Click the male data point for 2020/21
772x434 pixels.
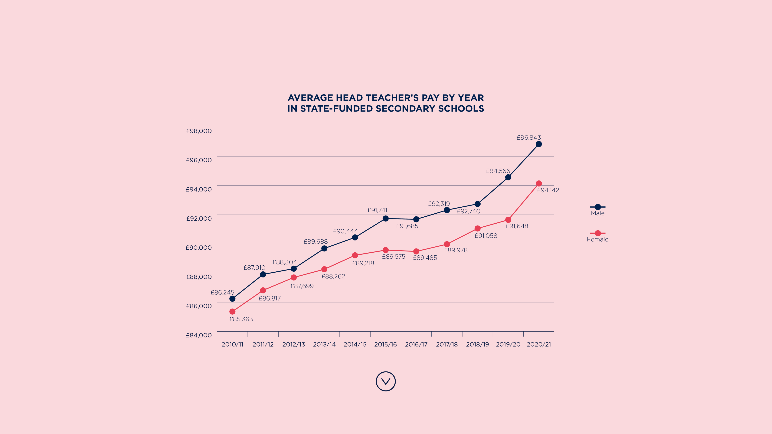click(x=538, y=144)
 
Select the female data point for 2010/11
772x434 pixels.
click(x=232, y=312)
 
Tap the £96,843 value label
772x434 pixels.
click(x=529, y=138)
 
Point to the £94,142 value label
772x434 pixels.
click(x=548, y=190)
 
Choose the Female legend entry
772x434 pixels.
click(x=598, y=236)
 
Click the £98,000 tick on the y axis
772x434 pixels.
click(x=199, y=131)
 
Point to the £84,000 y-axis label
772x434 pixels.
click(x=199, y=335)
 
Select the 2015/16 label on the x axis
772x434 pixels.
click(x=385, y=345)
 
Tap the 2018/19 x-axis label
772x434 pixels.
click(x=477, y=345)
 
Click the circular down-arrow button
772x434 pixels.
click(x=386, y=381)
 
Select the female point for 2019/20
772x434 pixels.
click(x=508, y=220)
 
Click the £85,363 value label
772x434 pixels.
click(x=241, y=319)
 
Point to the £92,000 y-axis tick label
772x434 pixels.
click(x=199, y=218)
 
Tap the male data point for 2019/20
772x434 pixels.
click(x=508, y=177)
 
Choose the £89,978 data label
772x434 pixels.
click(x=456, y=250)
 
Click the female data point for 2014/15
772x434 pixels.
click(x=355, y=255)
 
